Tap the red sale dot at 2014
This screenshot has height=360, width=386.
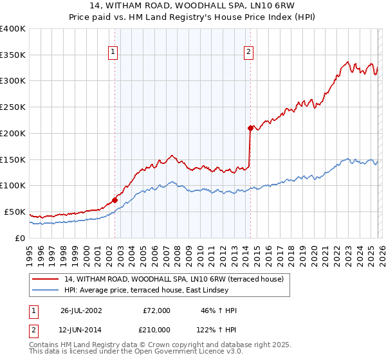point(250,128)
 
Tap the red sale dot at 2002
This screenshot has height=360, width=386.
point(115,200)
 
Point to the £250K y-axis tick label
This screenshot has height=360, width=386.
point(13,107)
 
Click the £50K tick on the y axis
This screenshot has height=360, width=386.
point(15,212)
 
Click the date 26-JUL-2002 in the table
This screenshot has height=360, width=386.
point(81,310)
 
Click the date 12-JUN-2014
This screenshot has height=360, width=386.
point(81,329)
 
